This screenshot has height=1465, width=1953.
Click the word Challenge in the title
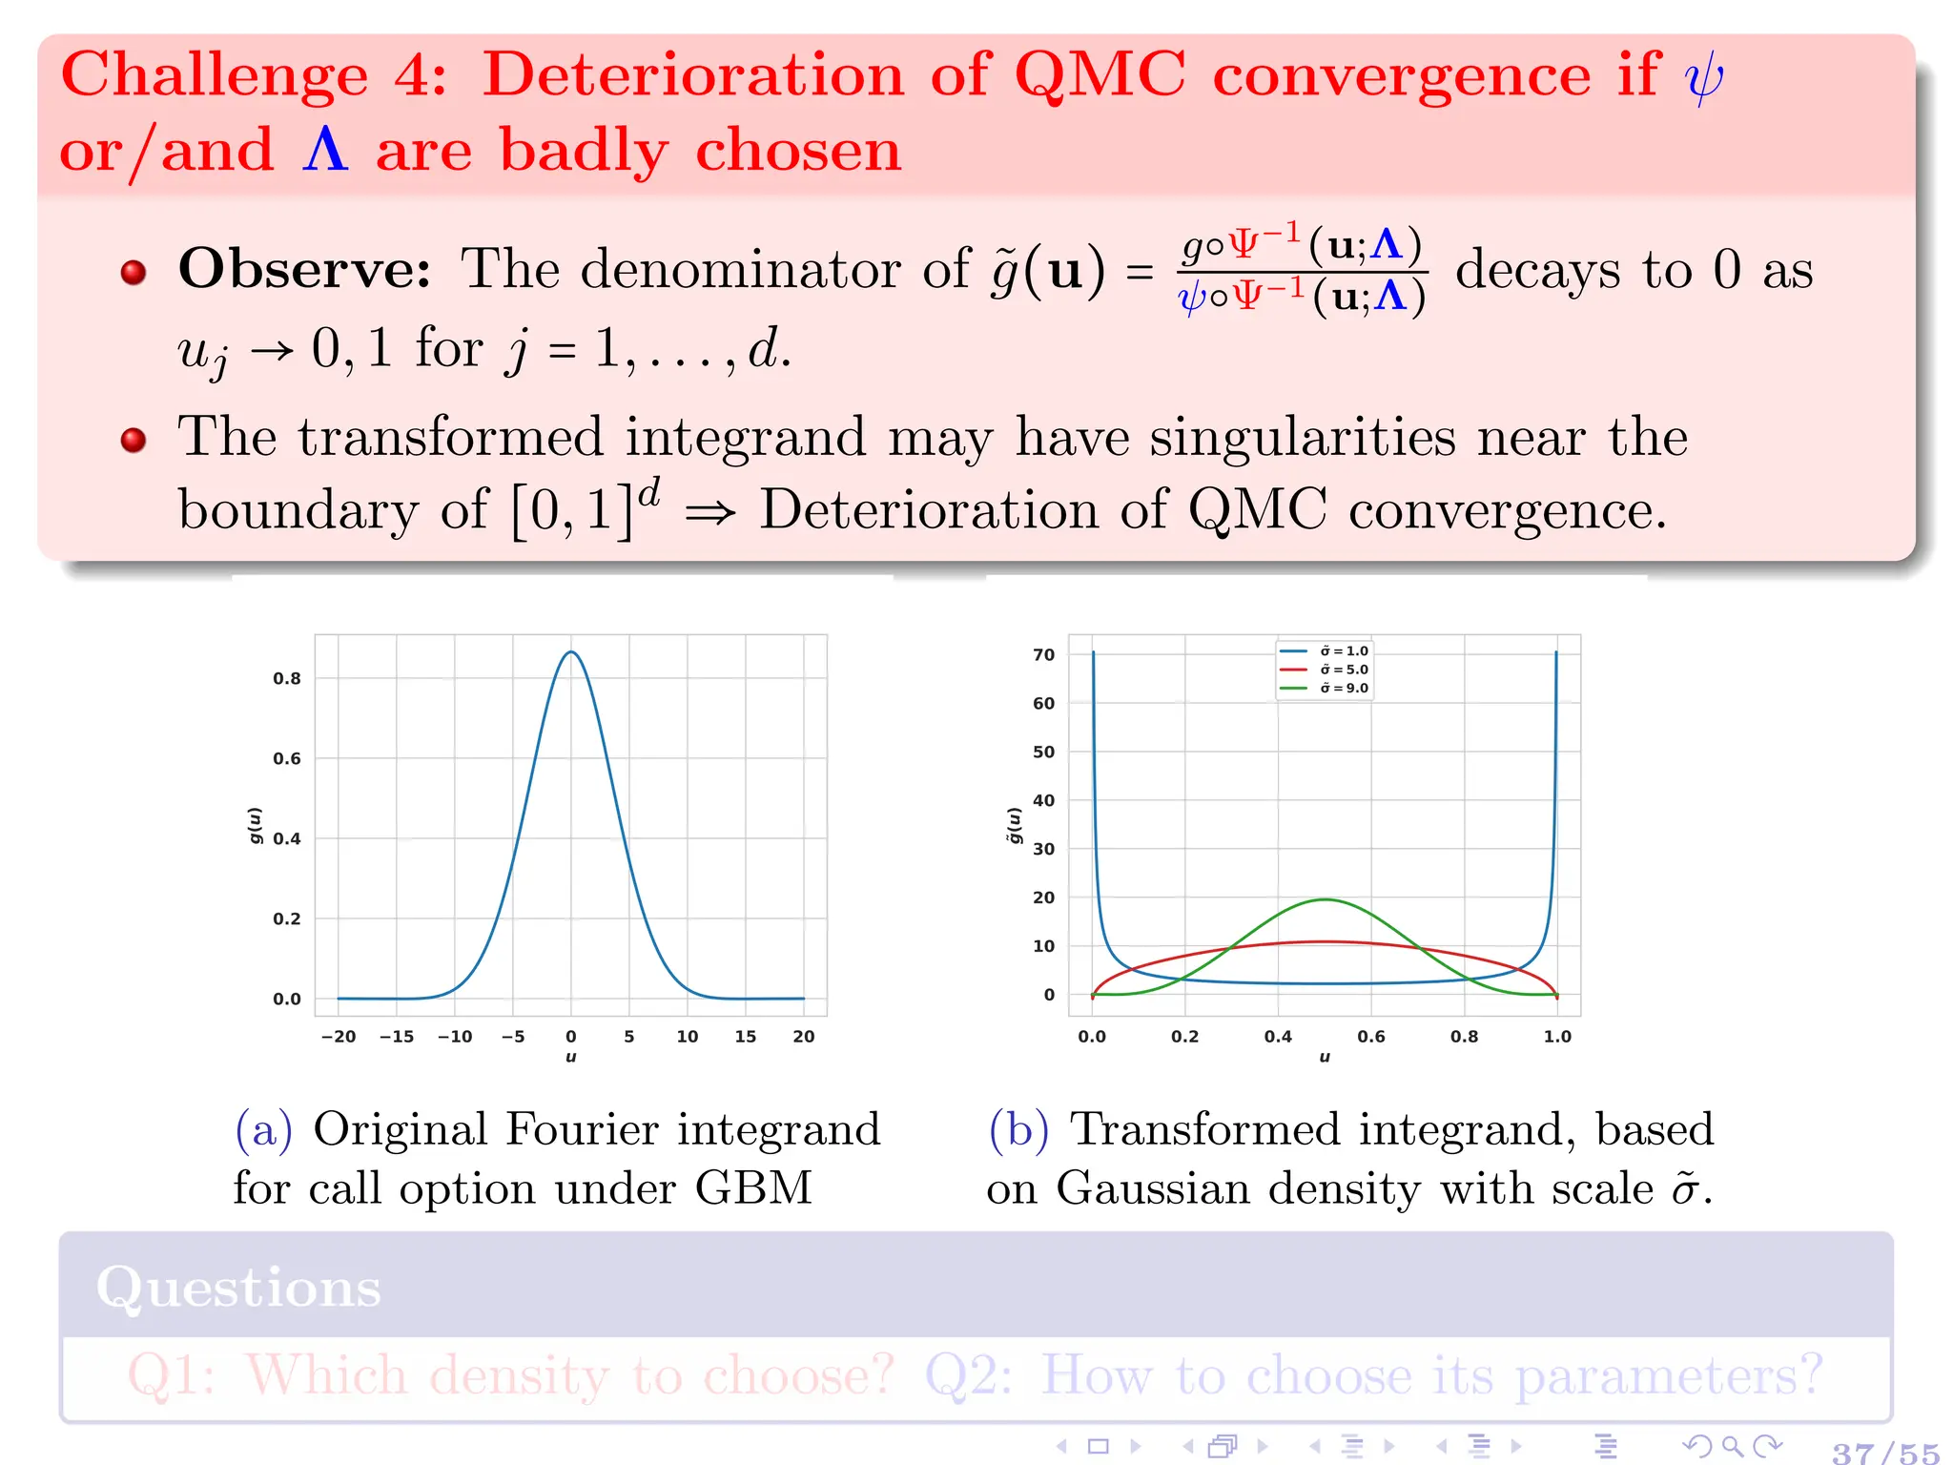coord(215,76)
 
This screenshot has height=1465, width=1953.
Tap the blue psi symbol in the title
coord(1704,78)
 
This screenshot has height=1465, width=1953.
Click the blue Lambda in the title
coord(324,150)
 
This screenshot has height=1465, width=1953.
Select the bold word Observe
coord(304,269)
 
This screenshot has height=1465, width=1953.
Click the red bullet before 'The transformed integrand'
coord(134,440)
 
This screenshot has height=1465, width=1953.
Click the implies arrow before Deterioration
coord(710,513)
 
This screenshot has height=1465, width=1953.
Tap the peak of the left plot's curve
coord(570,652)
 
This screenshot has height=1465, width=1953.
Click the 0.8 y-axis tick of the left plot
coord(286,679)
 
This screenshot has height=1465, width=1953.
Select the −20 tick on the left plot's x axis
coord(339,1037)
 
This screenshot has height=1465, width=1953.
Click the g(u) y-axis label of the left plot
coord(255,826)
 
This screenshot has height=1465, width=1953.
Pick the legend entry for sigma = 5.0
coord(1326,670)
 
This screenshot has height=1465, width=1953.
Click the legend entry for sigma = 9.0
coord(1326,688)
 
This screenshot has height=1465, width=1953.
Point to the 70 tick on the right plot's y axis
coord(1044,655)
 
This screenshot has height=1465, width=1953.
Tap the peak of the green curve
coord(1325,899)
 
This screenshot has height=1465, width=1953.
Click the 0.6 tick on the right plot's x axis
coord(1371,1037)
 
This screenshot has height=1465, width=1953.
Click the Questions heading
coord(238,1288)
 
